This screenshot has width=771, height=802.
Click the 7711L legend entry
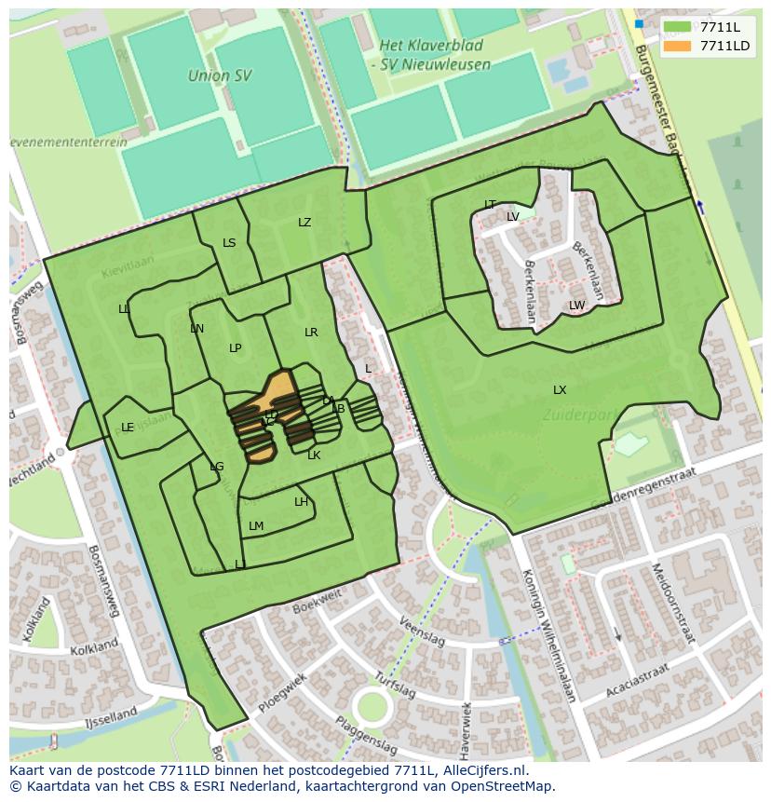point(718,27)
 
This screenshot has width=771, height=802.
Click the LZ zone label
point(304,223)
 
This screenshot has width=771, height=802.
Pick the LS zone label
point(229,243)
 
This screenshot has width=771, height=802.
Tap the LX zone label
point(560,390)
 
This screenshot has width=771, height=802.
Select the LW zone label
point(577,306)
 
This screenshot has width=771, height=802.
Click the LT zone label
point(490,205)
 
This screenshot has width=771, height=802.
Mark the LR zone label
point(311,333)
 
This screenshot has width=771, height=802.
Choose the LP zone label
point(236,348)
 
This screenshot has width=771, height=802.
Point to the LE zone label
point(128,428)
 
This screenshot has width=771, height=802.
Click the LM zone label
point(256,526)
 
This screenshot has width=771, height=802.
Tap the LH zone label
point(301,502)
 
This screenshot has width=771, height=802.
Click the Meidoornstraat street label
point(672,603)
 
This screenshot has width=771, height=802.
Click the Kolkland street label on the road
point(94,646)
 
